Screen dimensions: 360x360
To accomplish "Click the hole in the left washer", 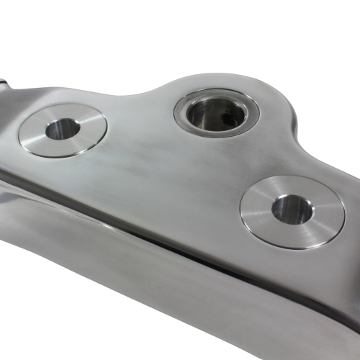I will click(x=63, y=130).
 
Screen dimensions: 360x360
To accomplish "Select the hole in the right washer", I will click(x=292, y=209).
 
